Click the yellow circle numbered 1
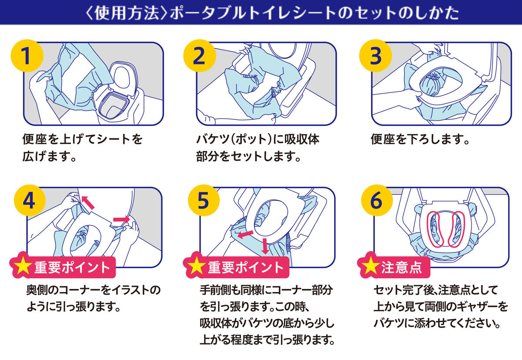27,56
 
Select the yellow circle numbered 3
375,56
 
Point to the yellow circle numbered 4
28,201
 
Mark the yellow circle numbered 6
376,201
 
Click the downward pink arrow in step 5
264,246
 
